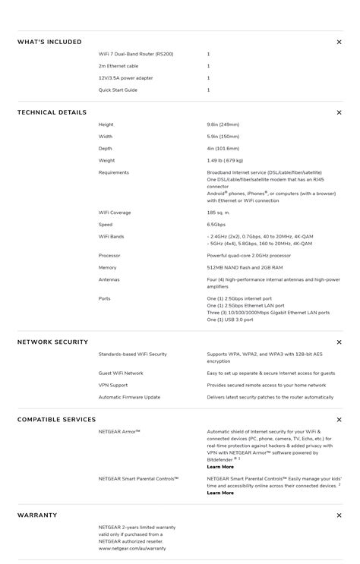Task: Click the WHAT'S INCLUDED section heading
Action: tap(49, 42)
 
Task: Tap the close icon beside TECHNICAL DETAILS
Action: tap(339, 112)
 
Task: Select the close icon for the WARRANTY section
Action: tap(339, 515)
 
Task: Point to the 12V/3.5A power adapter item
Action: tap(125, 78)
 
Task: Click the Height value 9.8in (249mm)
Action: tap(223, 124)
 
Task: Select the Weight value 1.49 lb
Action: tap(225, 160)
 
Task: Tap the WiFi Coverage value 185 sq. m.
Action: tap(218, 213)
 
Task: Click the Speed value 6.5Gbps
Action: tap(216, 225)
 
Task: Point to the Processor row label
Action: tap(109, 256)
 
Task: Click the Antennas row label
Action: tap(109, 279)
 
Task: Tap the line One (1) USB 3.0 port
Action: tap(230, 320)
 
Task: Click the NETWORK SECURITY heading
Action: tap(52, 342)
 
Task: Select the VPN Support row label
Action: tap(113, 385)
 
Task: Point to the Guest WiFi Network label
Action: tap(121, 373)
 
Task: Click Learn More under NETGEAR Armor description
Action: tap(220, 467)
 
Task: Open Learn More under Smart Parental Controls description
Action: tap(220, 493)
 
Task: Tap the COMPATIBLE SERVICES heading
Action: tap(56, 420)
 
